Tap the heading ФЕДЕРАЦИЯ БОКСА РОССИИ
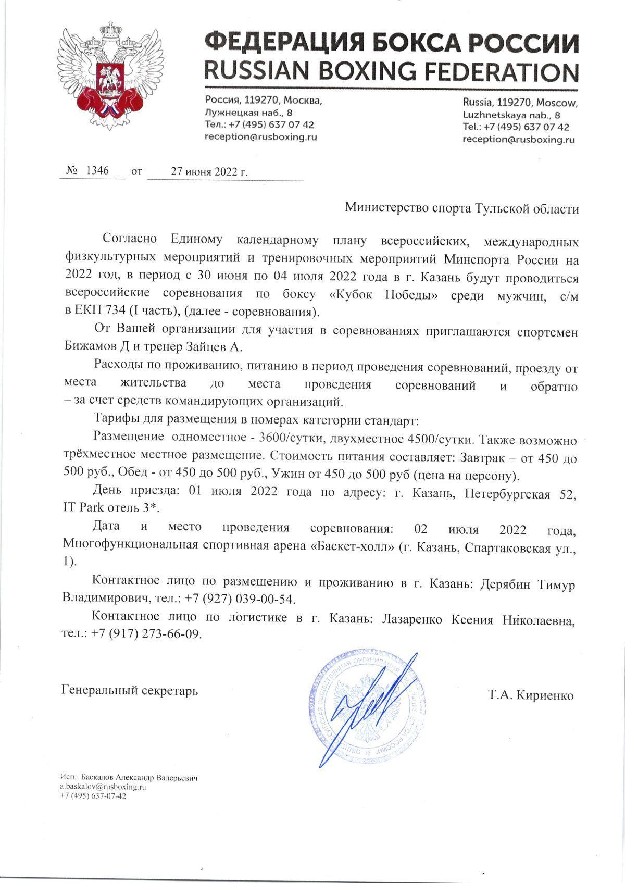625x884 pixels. [391, 42]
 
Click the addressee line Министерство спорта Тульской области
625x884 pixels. [462, 209]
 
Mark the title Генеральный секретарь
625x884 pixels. [130, 691]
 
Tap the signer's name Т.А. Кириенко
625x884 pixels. [531, 695]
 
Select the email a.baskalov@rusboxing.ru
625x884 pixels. [103, 787]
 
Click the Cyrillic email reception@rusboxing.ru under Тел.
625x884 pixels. [260, 138]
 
